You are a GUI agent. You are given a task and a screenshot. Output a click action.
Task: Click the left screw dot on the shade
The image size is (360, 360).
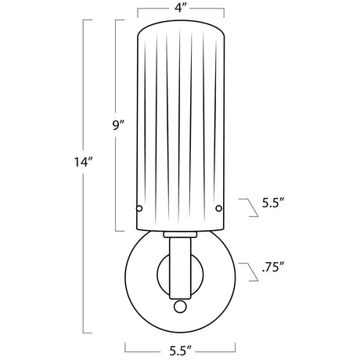(x=141, y=208)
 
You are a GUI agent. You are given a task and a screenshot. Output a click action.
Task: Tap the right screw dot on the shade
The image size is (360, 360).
(x=219, y=208)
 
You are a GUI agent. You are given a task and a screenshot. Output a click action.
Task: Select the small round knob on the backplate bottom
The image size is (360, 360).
(x=180, y=306)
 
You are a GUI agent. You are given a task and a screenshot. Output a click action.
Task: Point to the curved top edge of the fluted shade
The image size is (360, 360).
(x=180, y=23)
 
